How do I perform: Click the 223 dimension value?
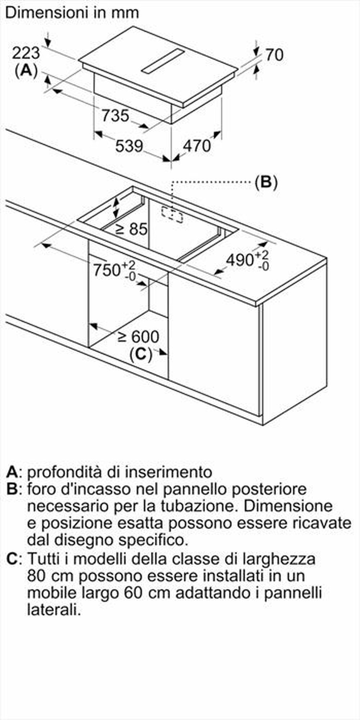click(26, 53)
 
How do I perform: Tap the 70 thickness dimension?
click(274, 55)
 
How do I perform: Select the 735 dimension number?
click(115, 116)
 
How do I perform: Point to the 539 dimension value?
click(129, 146)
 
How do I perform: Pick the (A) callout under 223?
click(26, 70)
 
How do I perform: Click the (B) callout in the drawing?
click(266, 182)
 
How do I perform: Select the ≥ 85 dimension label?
click(131, 229)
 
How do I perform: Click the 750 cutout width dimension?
click(107, 270)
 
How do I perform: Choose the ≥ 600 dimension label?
click(139, 337)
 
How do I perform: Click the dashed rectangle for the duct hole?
click(172, 214)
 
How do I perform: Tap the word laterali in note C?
click(53, 610)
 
